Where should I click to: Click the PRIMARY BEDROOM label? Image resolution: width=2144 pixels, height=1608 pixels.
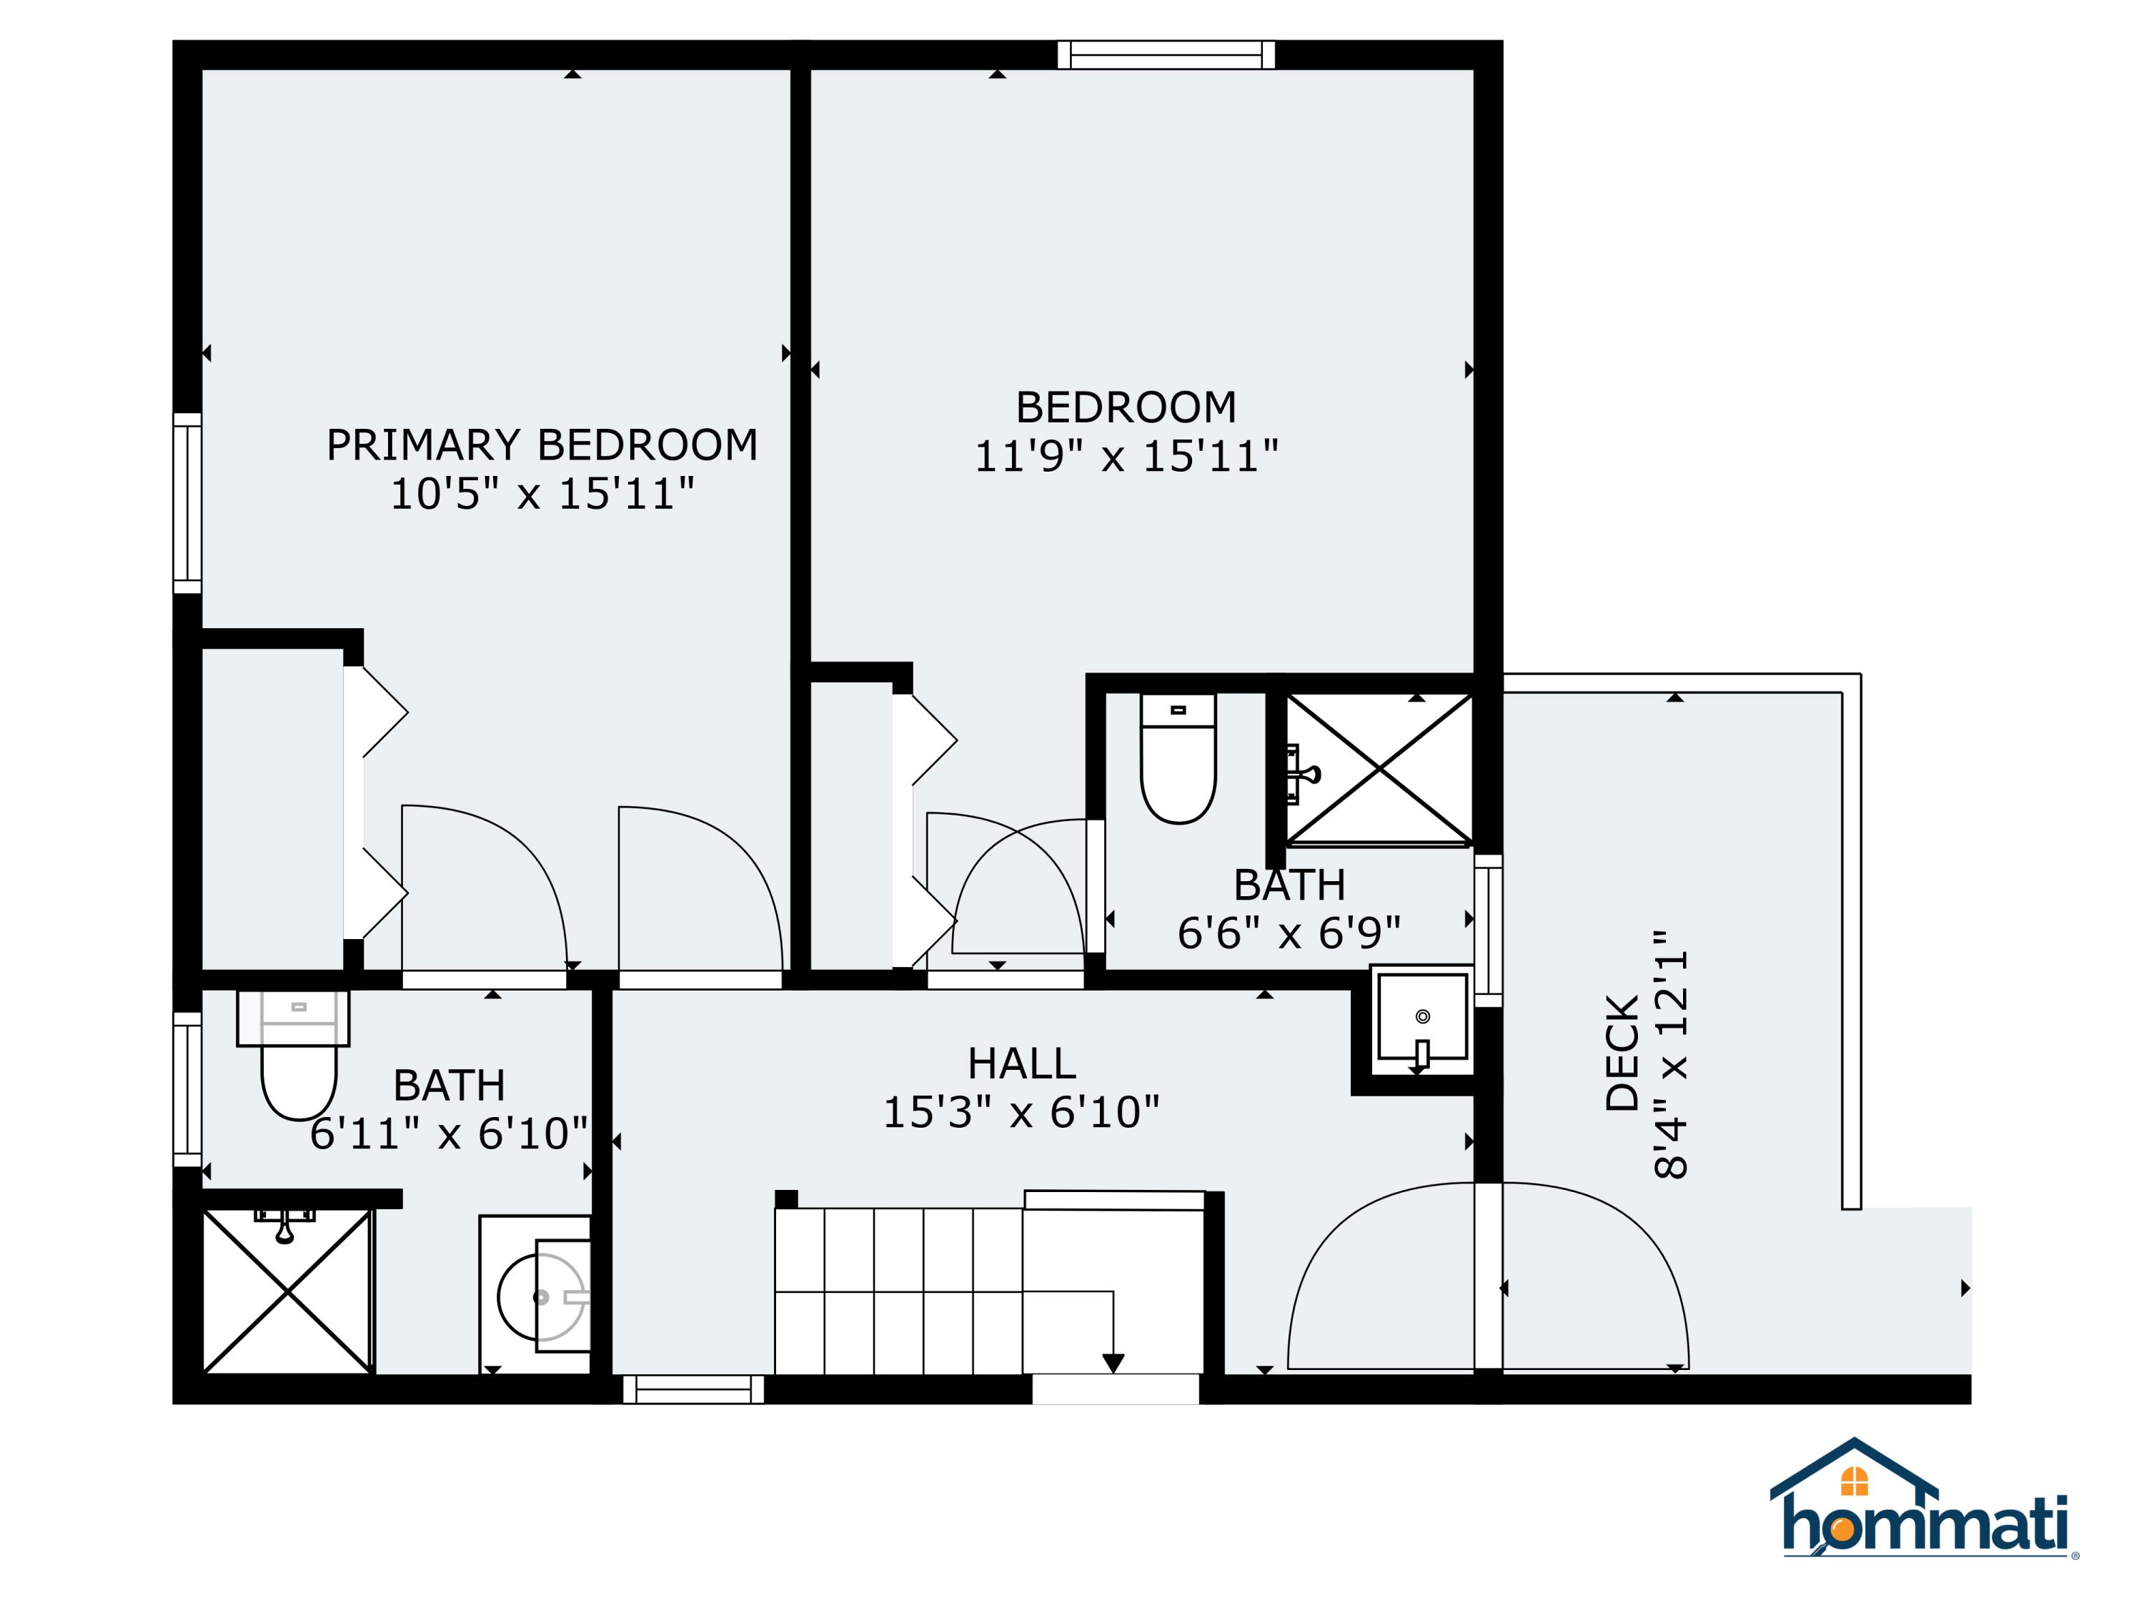pos(541,445)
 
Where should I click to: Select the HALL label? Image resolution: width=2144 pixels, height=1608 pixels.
pos(1021,1064)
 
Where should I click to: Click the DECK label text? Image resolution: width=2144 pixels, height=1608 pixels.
pos(1622,1053)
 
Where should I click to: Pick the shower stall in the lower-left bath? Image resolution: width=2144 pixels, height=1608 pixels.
pos(287,1291)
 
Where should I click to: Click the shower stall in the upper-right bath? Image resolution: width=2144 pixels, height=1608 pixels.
pos(1379,768)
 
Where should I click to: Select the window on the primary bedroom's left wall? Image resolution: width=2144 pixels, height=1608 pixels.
pos(187,503)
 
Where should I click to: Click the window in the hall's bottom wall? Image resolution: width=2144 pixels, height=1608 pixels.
pos(693,1389)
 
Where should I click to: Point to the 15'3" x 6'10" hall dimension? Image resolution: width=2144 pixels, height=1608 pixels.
pos(1021,1112)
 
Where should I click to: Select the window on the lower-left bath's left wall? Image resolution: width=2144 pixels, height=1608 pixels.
pos(187,1089)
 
